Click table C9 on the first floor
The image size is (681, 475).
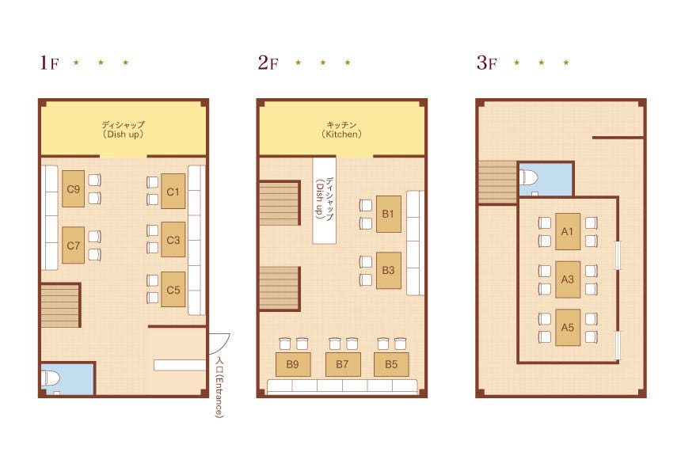point(73,189)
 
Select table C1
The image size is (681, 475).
point(173,192)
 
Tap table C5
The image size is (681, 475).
point(173,290)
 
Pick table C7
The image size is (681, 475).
point(73,245)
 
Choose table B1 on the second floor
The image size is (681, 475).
point(388,214)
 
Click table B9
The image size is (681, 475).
point(293,364)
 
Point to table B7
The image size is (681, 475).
point(343,364)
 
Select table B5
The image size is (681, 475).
point(391,364)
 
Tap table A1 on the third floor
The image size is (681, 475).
point(568,231)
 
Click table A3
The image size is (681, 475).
point(568,279)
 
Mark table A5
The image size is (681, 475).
point(568,328)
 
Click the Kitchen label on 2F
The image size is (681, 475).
point(341,129)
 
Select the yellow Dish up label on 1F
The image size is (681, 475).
point(123,129)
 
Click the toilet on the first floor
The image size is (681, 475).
point(51,378)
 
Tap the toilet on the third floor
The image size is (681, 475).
point(529,177)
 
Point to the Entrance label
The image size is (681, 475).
point(220,387)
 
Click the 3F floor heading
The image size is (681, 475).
point(486,63)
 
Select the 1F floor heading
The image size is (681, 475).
point(49,63)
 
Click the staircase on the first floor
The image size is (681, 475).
point(61,306)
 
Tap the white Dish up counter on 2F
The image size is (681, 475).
point(325,200)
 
